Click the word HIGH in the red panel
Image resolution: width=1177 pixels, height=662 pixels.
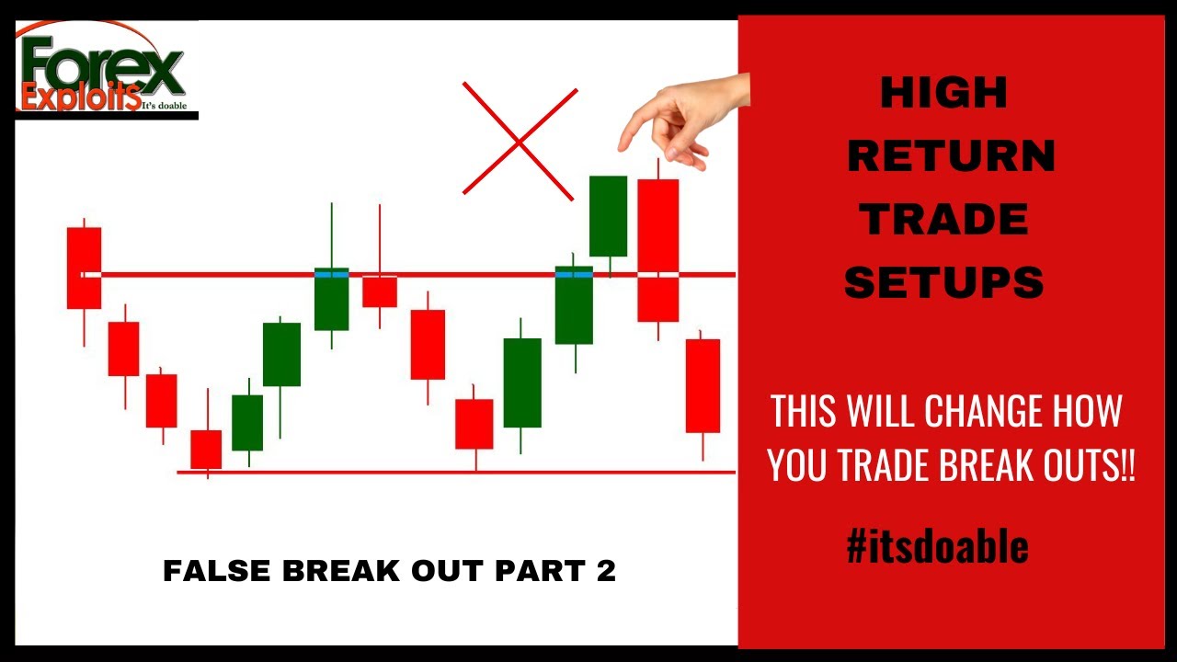943,93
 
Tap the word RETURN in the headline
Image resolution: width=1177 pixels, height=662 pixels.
951,157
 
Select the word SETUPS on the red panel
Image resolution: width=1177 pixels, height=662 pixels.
944,283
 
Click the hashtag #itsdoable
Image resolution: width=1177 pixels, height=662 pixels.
937,547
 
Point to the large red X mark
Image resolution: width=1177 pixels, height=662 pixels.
520,141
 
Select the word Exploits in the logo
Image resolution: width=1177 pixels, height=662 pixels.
81,97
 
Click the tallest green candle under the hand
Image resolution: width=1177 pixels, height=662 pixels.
608,216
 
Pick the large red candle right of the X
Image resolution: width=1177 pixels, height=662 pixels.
658,250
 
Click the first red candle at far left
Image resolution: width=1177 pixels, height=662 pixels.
84,268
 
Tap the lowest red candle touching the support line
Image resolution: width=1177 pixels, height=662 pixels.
206,449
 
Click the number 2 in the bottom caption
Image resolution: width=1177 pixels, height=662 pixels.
605,572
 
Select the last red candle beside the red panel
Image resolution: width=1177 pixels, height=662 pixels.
703,385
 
